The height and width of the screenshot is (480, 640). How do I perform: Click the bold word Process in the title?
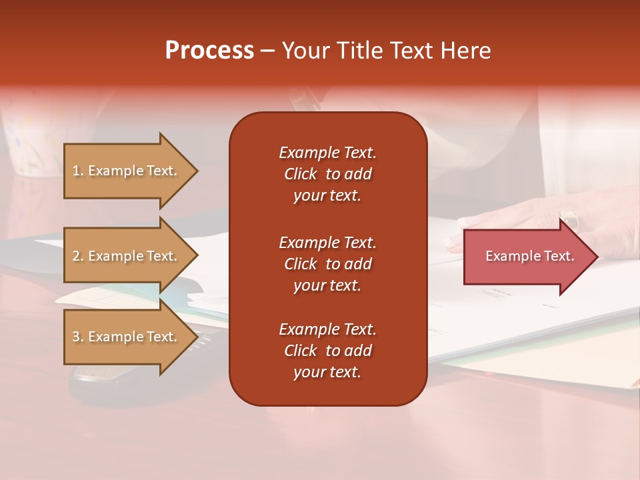point(209,51)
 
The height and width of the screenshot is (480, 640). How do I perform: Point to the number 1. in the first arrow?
point(78,171)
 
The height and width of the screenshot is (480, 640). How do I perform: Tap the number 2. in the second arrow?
point(78,256)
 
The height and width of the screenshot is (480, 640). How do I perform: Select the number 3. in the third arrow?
point(78,337)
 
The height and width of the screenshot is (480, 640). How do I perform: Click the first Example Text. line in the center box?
point(327,153)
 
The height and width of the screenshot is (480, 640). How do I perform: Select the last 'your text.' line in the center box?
point(327,373)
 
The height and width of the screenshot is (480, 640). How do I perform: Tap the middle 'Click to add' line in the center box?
point(327,264)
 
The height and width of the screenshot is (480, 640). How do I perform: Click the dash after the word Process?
point(267,51)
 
